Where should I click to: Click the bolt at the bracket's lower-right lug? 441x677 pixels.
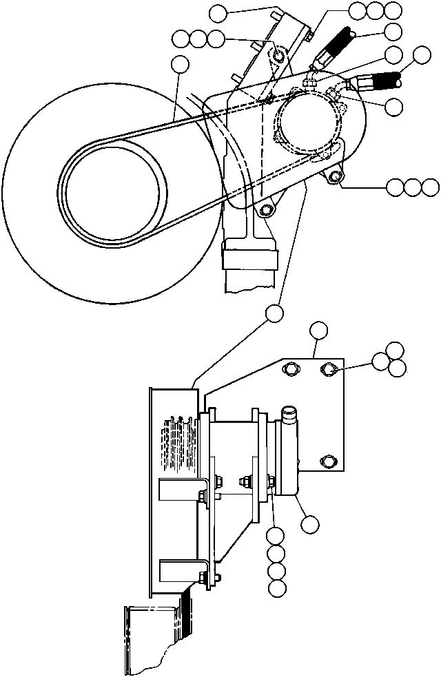pyautogui.click(x=336, y=178)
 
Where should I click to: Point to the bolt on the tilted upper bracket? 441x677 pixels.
pyautogui.click(x=279, y=54)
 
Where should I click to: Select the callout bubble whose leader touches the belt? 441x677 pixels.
pyautogui.click(x=180, y=65)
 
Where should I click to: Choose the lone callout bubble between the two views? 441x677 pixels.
pyautogui.click(x=274, y=313)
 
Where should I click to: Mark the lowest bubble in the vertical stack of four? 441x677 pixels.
pyautogui.click(x=276, y=587)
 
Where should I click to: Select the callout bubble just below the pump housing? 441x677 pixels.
pyautogui.click(x=309, y=524)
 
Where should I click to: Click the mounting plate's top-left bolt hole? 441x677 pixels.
pyautogui.click(x=290, y=371)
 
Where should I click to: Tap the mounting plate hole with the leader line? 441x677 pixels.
pyautogui.click(x=329, y=371)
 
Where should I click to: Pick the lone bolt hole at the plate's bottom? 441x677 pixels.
pyautogui.click(x=329, y=460)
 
